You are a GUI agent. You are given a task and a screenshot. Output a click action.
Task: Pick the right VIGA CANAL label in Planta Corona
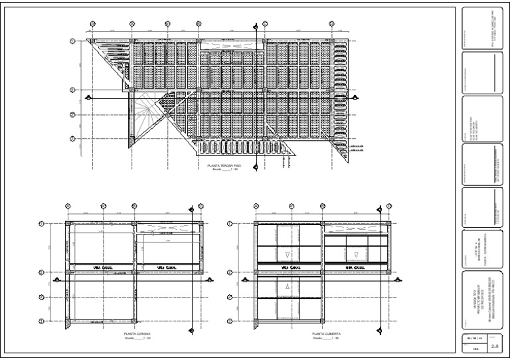[x=167, y=268]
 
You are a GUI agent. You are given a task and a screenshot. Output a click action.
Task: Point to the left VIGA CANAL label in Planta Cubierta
[x=290, y=268]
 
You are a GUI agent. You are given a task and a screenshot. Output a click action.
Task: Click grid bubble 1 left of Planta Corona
[x=42, y=225]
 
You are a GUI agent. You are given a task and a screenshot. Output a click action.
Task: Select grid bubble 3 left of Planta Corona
[x=42, y=297]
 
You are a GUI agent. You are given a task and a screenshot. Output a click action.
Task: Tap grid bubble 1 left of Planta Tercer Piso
[x=72, y=41]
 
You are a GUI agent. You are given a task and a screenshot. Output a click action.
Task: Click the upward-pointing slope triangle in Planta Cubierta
[x=287, y=286]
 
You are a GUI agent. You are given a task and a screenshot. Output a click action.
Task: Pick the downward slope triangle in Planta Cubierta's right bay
[x=357, y=252]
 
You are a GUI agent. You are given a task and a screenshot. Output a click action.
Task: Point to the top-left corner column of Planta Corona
[x=69, y=225]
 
